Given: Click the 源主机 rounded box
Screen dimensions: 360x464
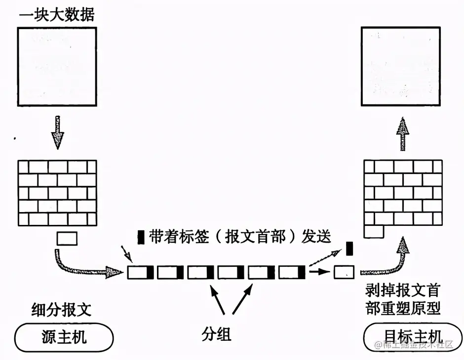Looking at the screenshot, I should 64,337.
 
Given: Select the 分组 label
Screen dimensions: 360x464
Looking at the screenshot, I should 216,335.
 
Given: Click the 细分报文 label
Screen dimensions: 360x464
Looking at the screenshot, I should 61,310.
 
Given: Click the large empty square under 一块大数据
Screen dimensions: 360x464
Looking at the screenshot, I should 57,66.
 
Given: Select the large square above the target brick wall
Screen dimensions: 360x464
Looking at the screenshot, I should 400,66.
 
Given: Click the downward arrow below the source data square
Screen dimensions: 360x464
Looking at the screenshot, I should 59,132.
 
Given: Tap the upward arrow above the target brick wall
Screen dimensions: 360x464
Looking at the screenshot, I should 404,134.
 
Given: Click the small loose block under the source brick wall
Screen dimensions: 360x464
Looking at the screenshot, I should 67,239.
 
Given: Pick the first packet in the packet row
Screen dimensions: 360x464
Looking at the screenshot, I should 141,272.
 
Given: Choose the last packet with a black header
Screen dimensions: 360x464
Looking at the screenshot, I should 292,272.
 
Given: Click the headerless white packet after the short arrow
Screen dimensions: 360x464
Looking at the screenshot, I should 344,272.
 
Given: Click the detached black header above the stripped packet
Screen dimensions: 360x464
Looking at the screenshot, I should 349,248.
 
